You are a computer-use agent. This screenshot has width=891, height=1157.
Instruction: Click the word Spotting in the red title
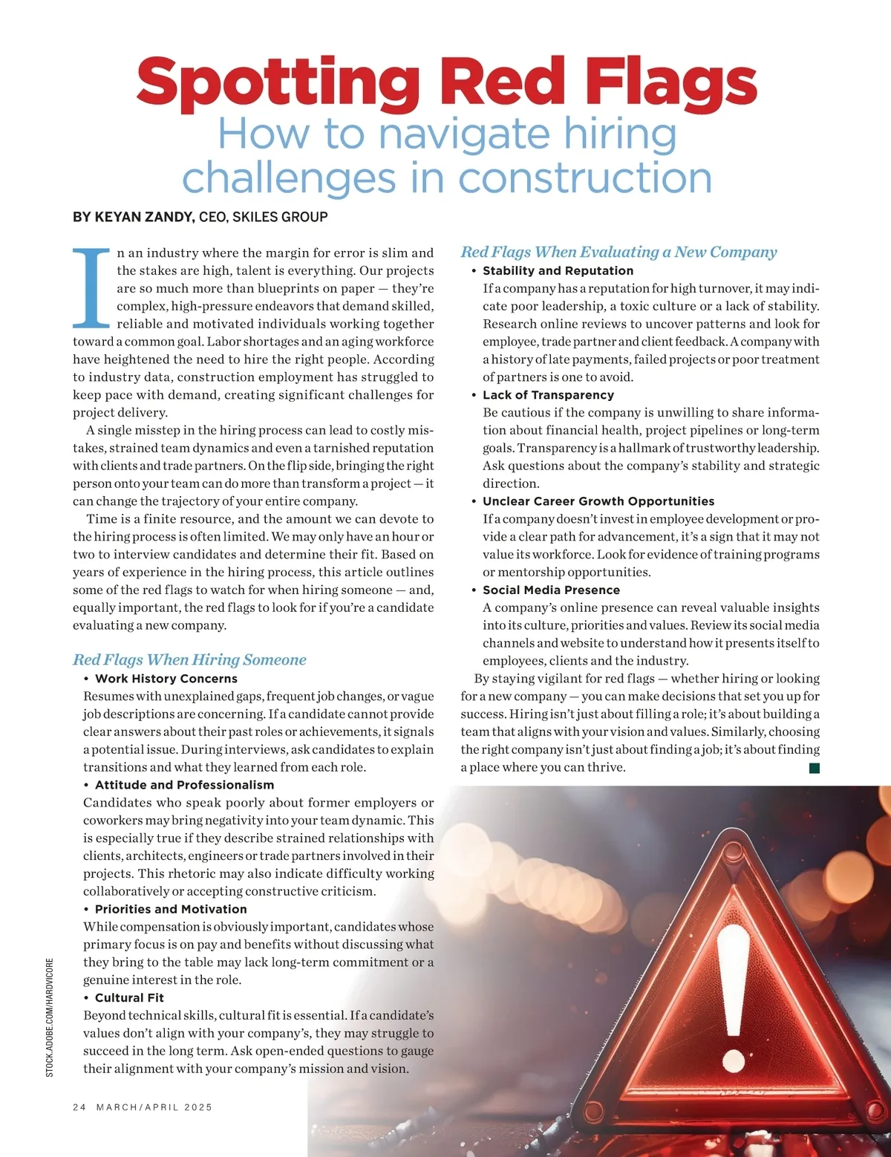coord(278,83)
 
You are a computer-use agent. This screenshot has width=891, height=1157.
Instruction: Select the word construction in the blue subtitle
coord(584,179)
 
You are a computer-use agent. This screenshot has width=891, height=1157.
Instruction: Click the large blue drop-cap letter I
coord(92,288)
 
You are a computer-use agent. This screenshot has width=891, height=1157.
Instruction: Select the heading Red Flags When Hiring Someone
coord(189,659)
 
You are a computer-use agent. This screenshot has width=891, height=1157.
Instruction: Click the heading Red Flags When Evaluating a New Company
coord(619,252)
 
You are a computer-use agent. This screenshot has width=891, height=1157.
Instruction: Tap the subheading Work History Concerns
coord(166,679)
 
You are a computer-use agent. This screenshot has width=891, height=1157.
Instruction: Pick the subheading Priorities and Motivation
coord(171,909)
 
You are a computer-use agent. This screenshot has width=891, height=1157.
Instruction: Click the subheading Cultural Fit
coord(129,998)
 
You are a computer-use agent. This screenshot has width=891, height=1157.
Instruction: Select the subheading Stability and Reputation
coord(558,271)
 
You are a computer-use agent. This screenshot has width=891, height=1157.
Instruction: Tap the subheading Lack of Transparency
coord(548,395)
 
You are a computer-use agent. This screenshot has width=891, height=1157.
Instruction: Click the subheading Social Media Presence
coord(551,590)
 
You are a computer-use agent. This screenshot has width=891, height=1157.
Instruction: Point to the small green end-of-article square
coord(815,768)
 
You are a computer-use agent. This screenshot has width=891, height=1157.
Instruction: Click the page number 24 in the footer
coord(79,1107)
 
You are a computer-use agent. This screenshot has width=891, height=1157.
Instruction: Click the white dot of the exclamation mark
coord(734,1060)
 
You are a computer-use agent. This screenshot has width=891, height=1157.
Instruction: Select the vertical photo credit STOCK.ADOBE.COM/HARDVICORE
coord(50,1017)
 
